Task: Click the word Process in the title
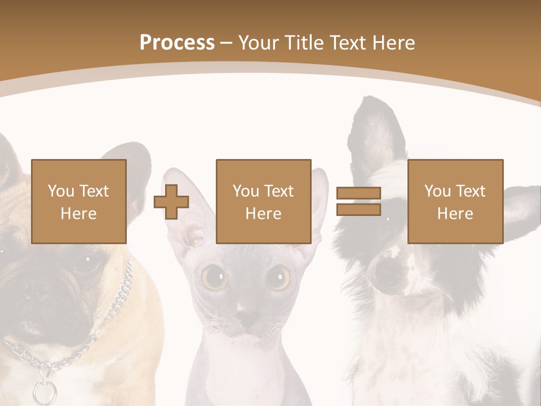click(x=177, y=43)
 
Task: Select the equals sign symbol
click(x=358, y=201)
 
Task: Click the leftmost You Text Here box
click(x=79, y=201)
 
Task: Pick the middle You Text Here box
click(x=263, y=201)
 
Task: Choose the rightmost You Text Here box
click(x=455, y=201)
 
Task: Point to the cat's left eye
click(x=214, y=277)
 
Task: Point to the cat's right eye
click(x=278, y=277)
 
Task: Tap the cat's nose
click(x=246, y=310)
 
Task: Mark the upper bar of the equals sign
click(x=358, y=193)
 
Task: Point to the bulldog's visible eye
click(x=87, y=259)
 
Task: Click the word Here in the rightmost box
click(x=455, y=213)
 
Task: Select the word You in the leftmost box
click(x=60, y=191)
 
